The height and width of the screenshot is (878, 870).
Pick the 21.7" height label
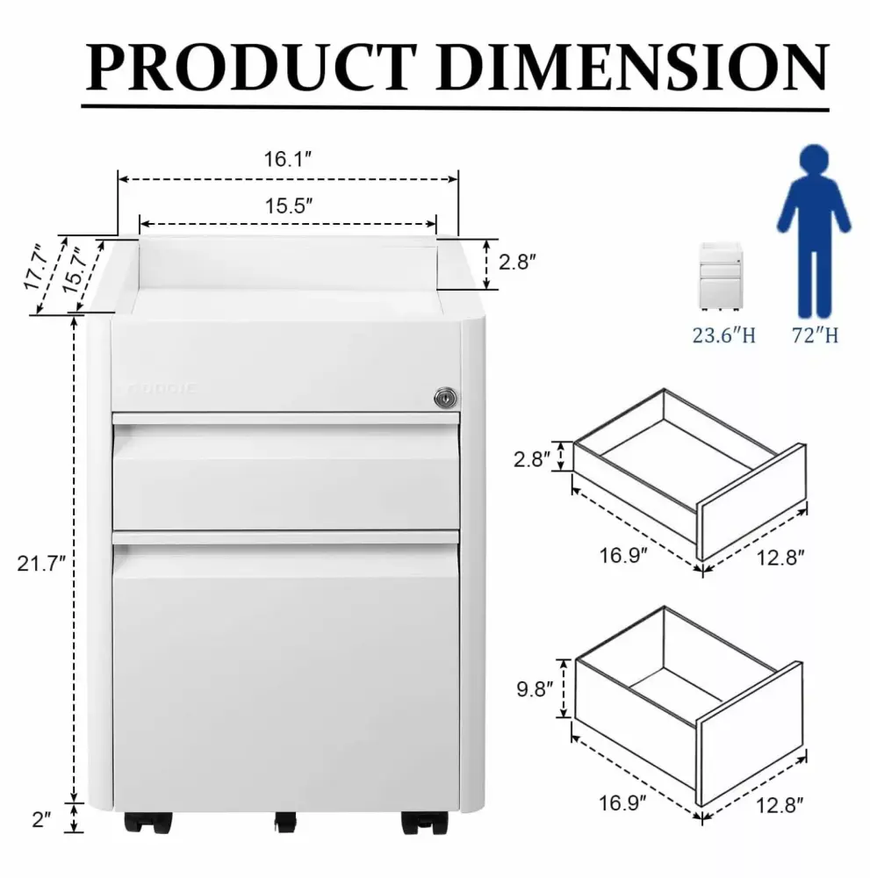[41, 564]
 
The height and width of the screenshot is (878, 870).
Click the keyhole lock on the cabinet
[445, 398]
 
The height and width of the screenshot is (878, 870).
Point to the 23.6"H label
[722, 335]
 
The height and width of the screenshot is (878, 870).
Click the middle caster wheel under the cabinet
[284, 823]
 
